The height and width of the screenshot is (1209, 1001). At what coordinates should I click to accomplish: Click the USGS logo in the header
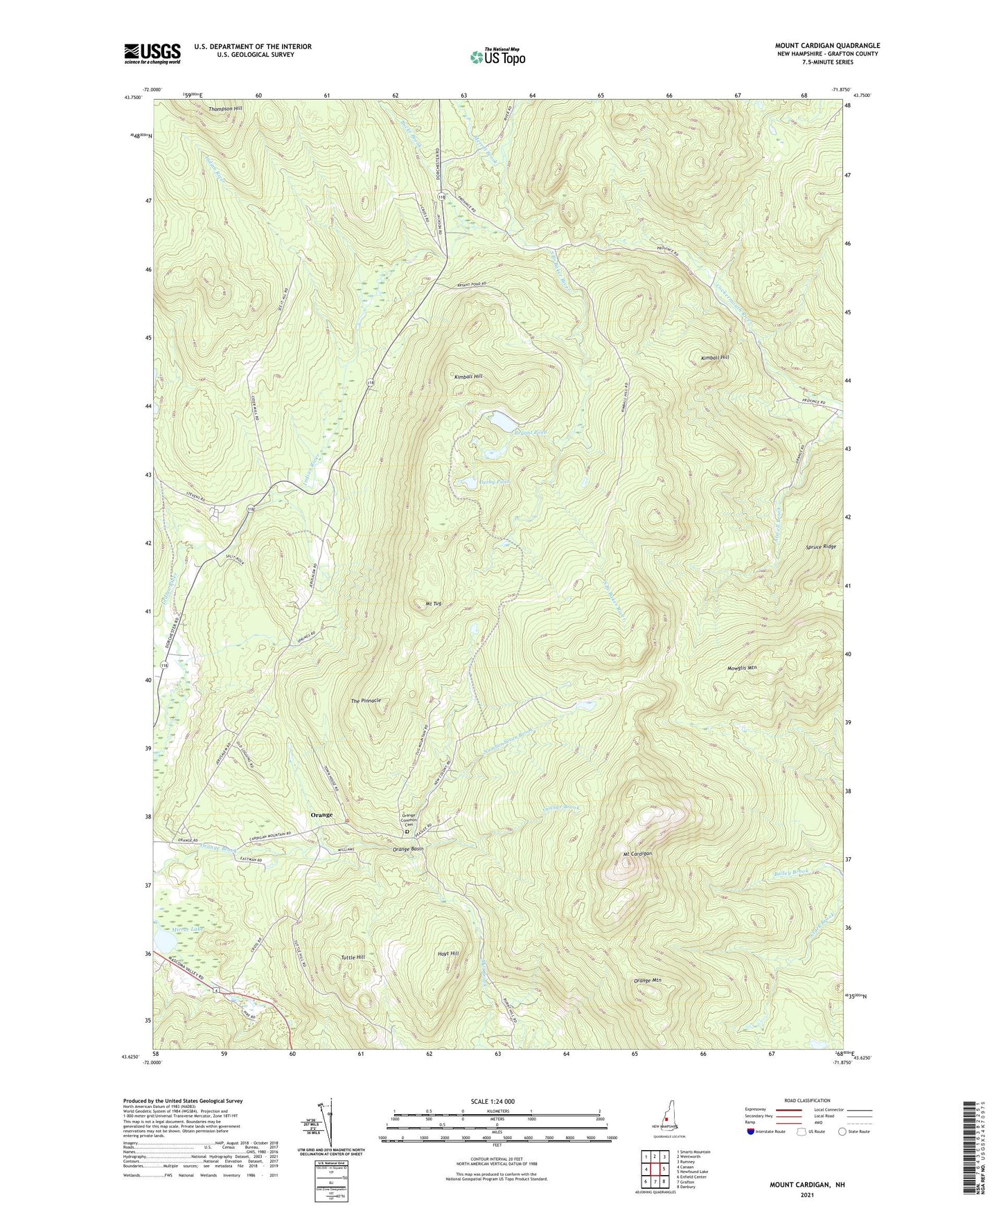pos(152,53)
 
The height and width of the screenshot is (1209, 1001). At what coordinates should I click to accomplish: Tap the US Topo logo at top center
pos(497,57)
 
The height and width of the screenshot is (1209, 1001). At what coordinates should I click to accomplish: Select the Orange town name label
pos(321,814)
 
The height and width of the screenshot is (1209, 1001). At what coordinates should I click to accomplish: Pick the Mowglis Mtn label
pos(742,668)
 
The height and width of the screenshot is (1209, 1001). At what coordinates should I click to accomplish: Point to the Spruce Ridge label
pos(820,547)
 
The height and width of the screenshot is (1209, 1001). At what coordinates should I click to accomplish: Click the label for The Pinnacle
pos(366,701)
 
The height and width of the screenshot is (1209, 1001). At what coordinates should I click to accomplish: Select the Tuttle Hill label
pos(353,957)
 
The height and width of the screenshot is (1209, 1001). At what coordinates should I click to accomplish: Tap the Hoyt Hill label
pos(448,953)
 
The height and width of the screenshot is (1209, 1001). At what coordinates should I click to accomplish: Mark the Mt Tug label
pos(433,604)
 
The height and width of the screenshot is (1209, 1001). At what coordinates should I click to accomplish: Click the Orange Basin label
pos(408,849)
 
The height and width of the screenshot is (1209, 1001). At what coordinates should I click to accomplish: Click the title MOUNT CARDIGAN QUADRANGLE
pos(827,46)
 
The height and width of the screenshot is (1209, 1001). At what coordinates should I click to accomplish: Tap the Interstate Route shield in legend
pos(752,1131)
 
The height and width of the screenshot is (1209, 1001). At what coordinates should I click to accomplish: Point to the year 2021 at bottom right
pos(806,1195)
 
